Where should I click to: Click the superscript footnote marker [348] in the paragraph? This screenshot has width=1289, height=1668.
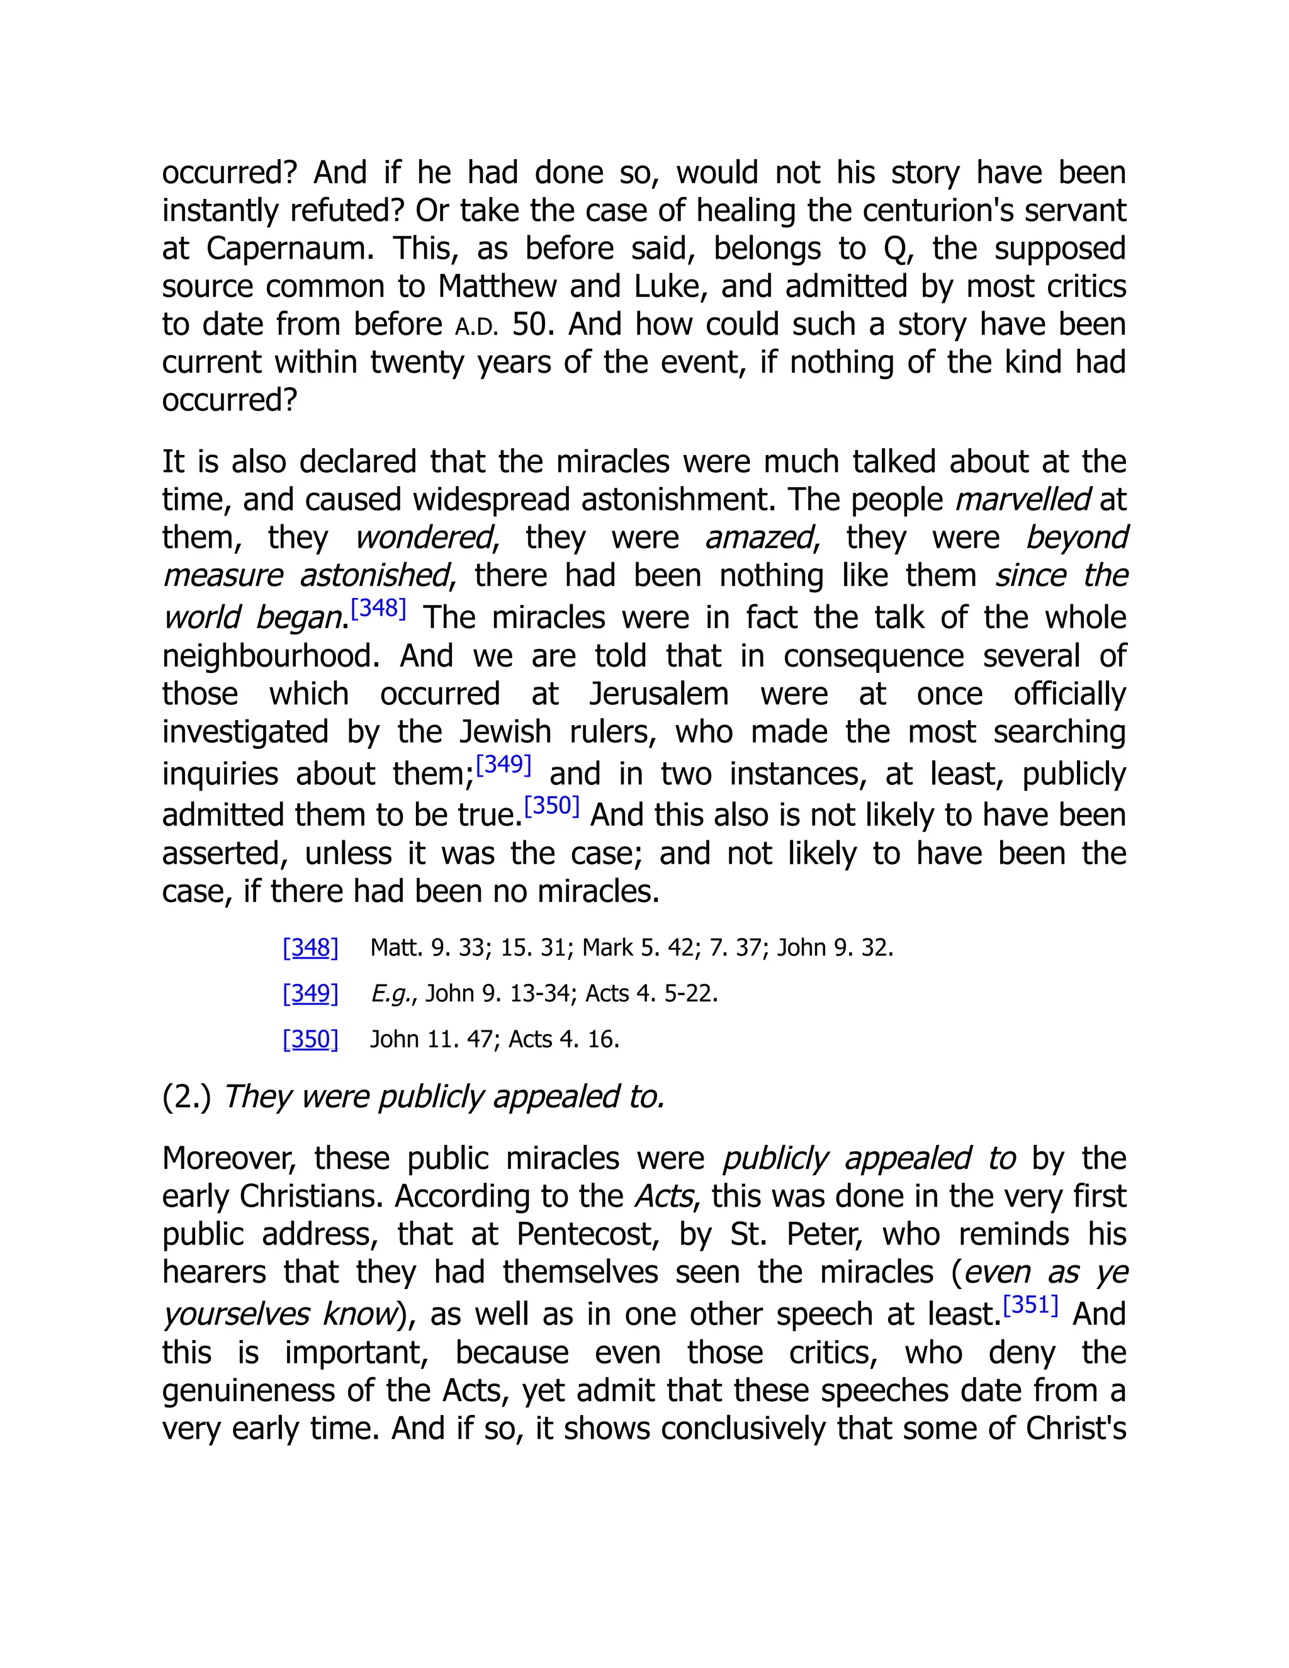click(x=378, y=609)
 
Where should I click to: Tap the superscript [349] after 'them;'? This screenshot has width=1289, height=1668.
click(x=504, y=765)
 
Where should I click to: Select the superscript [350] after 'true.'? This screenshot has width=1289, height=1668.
click(x=551, y=806)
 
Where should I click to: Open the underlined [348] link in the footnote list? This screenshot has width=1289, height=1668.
click(x=310, y=948)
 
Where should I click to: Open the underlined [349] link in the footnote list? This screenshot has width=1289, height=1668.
click(x=310, y=994)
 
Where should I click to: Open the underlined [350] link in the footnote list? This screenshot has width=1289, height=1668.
click(x=310, y=1039)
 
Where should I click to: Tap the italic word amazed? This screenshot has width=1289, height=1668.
click(x=759, y=538)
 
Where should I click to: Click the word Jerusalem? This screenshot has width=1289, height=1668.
click(x=658, y=694)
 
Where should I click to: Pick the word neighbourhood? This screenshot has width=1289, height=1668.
click(x=269, y=656)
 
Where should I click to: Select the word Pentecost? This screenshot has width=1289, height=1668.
click(x=590, y=1235)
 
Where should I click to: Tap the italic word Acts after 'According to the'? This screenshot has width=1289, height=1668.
click(x=663, y=1197)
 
